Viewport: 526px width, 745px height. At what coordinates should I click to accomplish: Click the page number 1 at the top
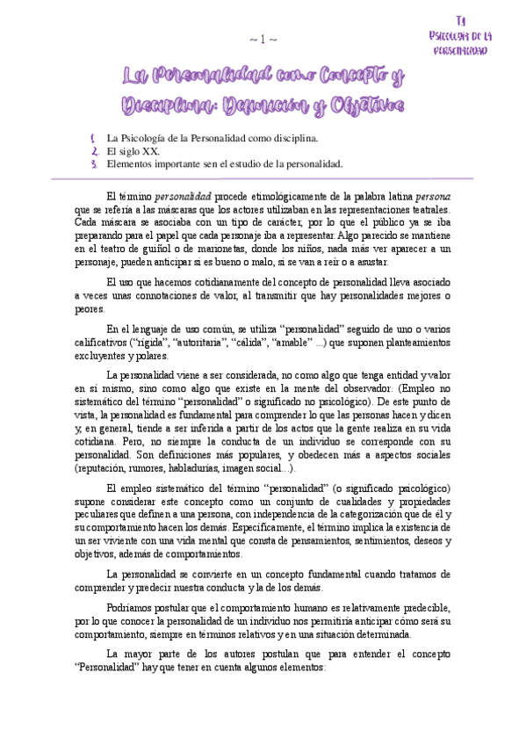[x=263, y=40]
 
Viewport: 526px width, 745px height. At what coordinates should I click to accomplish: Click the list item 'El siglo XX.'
[x=133, y=151]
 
